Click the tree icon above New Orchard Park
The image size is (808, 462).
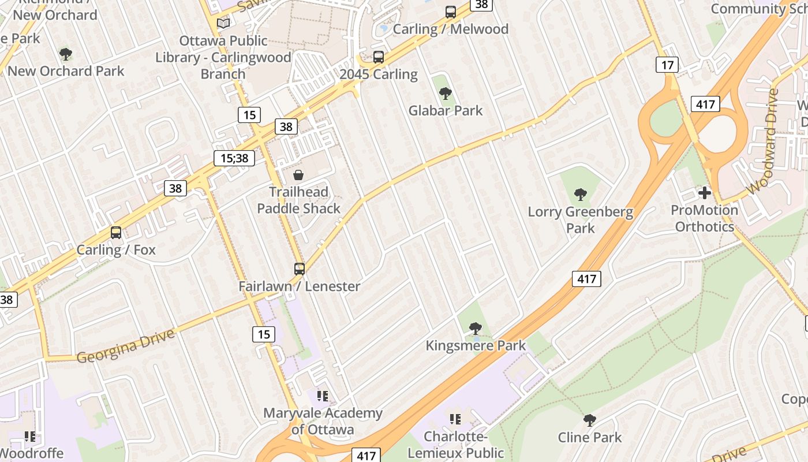66,55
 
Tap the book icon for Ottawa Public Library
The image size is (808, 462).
223,24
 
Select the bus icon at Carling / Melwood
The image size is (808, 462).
450,12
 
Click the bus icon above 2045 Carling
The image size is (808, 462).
379,57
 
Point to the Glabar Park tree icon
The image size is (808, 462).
445,94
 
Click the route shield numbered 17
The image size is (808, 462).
667,65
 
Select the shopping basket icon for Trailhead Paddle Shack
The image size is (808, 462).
298,175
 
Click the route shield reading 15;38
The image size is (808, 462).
234,158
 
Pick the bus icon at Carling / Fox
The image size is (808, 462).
116,233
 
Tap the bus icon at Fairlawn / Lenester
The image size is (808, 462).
299,269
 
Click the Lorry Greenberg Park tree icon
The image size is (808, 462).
581,195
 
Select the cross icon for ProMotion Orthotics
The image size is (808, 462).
704,193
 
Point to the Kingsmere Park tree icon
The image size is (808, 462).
475,329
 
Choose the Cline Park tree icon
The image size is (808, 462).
589,420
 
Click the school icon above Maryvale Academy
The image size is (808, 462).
322,396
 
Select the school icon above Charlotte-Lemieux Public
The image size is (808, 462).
455,419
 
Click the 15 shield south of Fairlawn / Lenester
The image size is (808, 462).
264,334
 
